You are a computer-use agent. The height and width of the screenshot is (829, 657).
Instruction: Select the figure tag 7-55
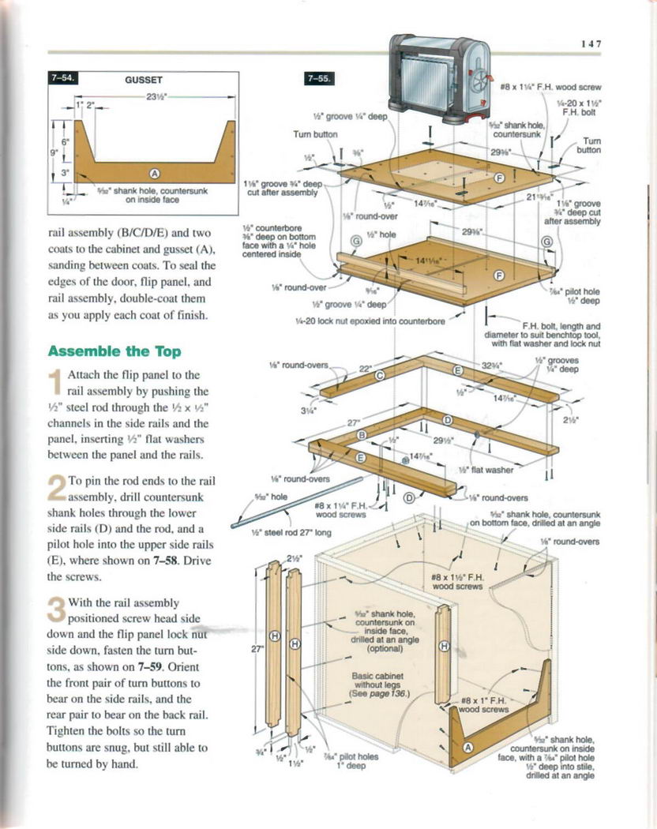point(319,78)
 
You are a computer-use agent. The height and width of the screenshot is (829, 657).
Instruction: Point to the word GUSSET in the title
point(144,80)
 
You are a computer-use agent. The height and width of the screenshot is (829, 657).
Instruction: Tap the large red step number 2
point(56,487)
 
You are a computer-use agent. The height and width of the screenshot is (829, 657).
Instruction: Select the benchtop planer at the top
point(442,79)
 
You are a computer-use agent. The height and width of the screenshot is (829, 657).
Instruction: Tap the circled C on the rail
point(379,376)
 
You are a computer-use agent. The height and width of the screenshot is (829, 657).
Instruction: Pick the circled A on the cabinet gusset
point(467,748)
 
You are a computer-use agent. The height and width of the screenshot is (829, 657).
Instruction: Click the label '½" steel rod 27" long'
point(290,532)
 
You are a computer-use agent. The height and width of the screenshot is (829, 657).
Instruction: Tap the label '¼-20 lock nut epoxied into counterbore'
point(370,321)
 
